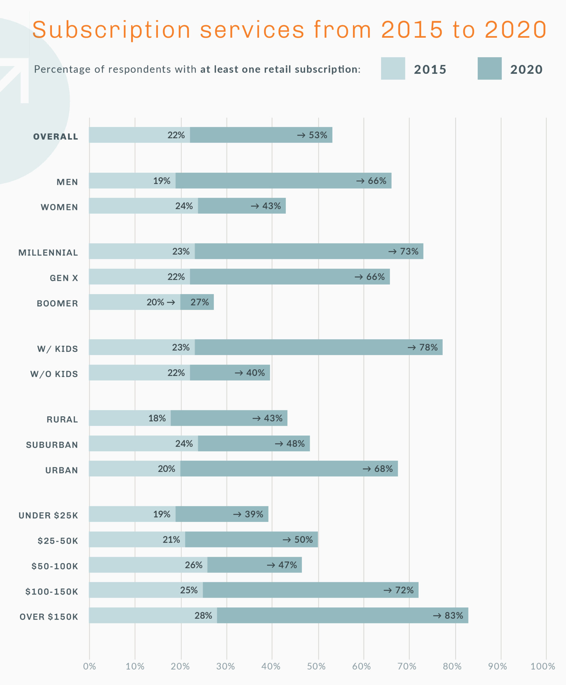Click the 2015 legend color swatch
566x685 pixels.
393,68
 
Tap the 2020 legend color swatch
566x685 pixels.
489,68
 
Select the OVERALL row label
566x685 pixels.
56,136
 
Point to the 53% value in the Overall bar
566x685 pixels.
318,135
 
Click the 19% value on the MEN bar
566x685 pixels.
162,181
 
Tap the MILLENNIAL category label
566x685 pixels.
48,253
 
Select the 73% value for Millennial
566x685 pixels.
409,251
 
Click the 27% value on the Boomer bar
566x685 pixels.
200,302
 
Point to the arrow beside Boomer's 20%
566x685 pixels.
171,303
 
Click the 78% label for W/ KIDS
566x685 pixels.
428,348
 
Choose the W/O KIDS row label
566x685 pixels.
54,374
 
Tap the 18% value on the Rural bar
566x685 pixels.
157,418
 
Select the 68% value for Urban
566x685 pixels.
383,469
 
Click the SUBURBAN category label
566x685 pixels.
52,445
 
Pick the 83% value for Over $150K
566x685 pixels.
453,616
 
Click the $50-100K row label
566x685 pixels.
55,566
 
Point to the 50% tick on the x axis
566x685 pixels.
316,666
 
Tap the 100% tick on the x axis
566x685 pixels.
542,666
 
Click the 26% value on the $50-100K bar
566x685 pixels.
194,565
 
